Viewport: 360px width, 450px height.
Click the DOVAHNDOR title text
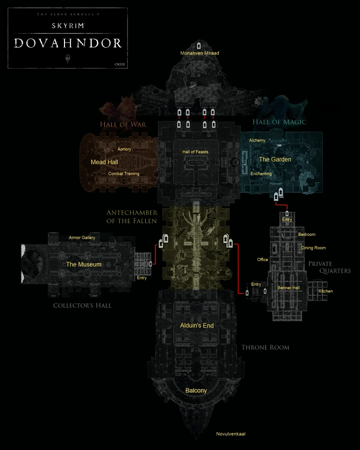pos(68,43)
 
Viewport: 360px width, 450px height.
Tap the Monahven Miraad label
pos(199,53)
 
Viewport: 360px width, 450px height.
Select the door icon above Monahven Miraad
pos(199,45)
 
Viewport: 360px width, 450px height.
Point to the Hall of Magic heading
pos(279,122)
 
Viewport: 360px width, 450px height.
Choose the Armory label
pos(124,149)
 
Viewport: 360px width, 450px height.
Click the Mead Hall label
pos(104,162)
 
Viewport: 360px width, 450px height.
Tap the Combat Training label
pos(123,174)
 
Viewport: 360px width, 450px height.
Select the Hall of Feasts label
pos(195,152)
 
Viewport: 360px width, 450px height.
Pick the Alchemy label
pos(257,141)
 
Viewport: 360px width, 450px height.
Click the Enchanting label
pos(261,174)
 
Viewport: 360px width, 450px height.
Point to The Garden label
pos(275,159)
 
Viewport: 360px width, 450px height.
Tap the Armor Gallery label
pos(82,238)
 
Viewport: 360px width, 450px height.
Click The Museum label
pos(84,264)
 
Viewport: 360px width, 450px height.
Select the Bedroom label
pos(306,235)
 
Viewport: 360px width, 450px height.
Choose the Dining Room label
pos(313,248)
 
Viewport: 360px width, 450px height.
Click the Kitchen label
pos(325,291)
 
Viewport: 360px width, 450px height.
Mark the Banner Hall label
pos(289,288)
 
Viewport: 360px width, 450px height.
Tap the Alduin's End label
pos(196,326)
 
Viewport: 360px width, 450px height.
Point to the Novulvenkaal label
pos(231,434)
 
